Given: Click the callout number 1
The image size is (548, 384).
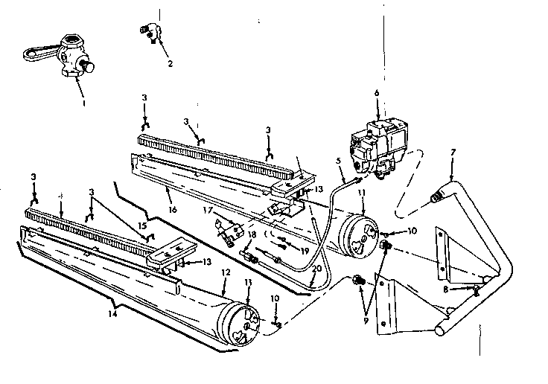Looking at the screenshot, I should coord(84,103).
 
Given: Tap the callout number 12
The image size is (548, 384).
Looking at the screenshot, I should coord(225,273).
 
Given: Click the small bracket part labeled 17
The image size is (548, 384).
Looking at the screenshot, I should coord(228,227).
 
